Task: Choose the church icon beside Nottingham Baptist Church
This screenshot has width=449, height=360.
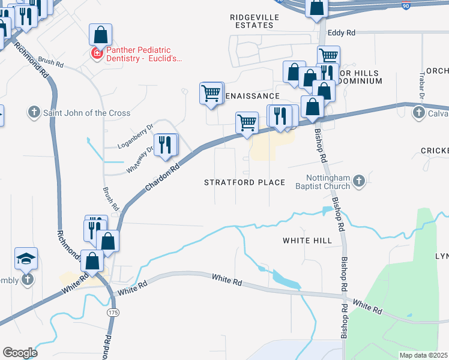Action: pyautogui.click(x=359, y=181)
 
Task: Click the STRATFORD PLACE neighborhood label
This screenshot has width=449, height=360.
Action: pyautogui.click(x=244, y=182)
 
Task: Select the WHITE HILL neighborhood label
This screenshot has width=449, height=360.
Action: pyautogui.click(x=307, y=240)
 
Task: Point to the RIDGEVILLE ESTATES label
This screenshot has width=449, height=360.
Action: pyautogui.click(x=255, y=21)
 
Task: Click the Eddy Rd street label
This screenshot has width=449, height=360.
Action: pyautogui.click(x=342, y=32)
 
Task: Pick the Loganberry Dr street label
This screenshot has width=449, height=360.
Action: pyautogui.click(x=136, y=136)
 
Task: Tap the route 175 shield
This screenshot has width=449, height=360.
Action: pyautogui.click(x=112, y=313)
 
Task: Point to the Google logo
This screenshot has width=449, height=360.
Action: pyautogui.click(x=20, y=353)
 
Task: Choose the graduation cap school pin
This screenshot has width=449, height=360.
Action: pyautogui.click(x=26, y=259)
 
